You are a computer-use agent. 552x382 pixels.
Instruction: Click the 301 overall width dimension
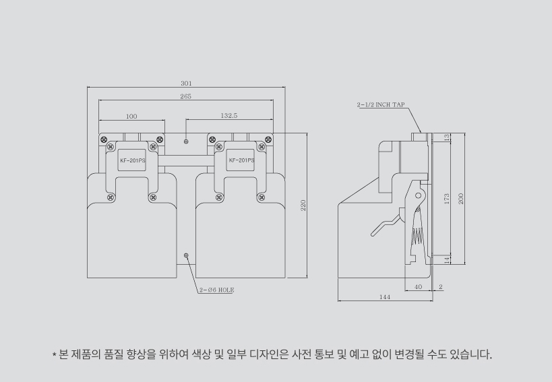tap(186, 84)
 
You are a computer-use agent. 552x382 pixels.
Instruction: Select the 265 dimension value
tap(186, 96)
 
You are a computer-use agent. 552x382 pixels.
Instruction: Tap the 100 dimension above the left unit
tap(131, 117)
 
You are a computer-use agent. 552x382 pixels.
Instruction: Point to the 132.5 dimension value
tap(228, 116)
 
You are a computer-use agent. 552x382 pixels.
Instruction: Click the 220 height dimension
tap(303, 205)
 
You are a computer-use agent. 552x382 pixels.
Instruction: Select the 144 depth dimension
tap(385, 296)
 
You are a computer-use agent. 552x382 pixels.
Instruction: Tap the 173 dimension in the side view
tap(447, 199)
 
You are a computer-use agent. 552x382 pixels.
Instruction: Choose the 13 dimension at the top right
tap(447, 137)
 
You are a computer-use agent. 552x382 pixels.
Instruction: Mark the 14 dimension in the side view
tap(447, 260)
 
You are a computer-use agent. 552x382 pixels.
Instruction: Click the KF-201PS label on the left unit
tap(132, 161)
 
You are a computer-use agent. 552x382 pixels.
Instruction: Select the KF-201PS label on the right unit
tap(241, 160)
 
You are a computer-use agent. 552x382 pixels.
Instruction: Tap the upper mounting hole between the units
tap(187, 141)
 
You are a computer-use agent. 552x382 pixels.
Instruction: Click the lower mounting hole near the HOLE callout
tap(187, 255)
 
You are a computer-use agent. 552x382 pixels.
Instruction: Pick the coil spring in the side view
tap(417, 232)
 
